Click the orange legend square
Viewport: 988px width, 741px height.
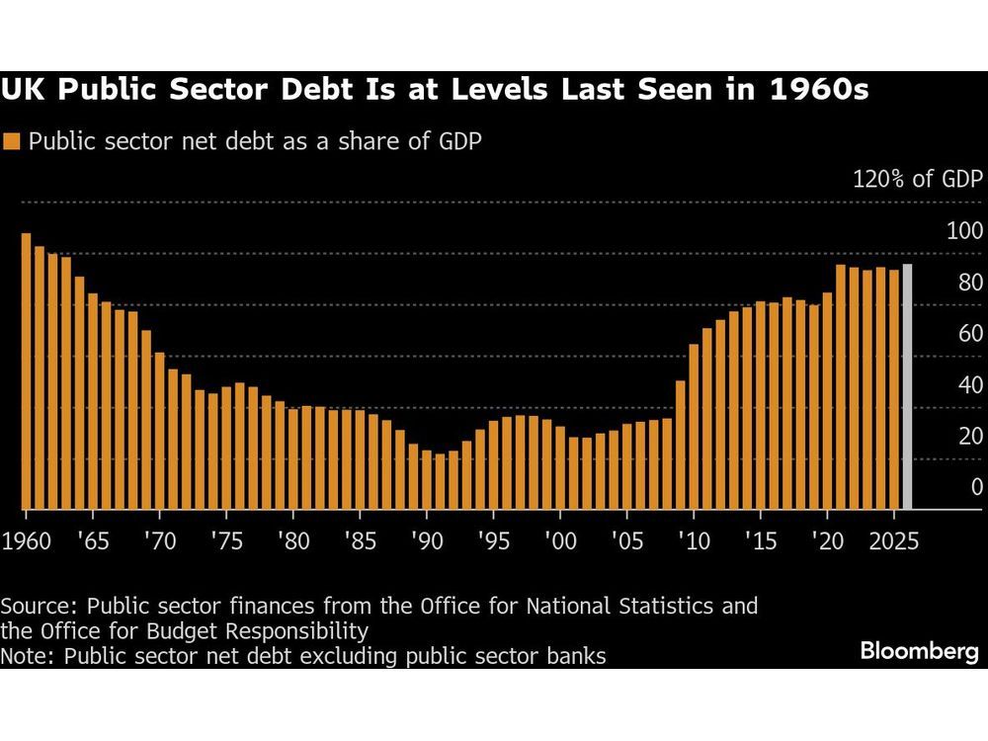(13, 140)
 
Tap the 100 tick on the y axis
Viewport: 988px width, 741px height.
(964, 231)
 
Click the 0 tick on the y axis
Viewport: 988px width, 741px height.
(976, 486)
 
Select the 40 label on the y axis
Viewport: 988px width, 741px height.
(970, 384)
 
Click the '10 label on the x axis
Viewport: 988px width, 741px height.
(694, 540)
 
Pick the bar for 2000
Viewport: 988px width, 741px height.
(560, 468)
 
